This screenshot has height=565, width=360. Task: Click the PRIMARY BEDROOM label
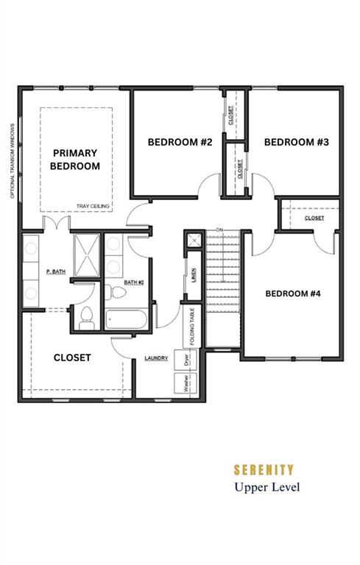[x=75, y=159]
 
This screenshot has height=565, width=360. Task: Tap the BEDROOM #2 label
[x=180, y=142]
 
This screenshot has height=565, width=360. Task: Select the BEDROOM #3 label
[x=297, y=142]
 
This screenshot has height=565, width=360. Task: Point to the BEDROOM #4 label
[x=293, y=294]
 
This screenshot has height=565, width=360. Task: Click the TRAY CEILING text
[x=93, y=206]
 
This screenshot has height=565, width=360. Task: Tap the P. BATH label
[x=56, y=271]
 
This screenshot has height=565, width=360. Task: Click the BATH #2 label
[x=134, y=282]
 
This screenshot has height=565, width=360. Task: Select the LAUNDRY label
[x=156, y=358]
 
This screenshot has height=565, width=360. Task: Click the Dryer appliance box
[x=186, y=360]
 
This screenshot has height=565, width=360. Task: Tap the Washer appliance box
[x=186, y=383]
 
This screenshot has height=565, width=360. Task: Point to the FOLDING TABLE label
[x=192, y=327]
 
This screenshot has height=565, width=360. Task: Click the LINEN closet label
[x=194, y=275]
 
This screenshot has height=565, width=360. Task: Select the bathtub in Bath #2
[x=126, y=319]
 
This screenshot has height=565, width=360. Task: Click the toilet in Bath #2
[x=116, y=292]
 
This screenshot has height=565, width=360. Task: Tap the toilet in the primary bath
[x=87, y=319]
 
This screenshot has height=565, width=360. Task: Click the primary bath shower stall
[x=87, y=255]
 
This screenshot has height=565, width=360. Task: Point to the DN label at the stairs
[x=219, y=230]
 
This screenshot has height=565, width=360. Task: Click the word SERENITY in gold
[x=264, y=470]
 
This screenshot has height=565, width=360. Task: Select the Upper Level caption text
[x=267, y=488]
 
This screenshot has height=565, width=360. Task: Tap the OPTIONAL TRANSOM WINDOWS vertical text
[x=13, y=161]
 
